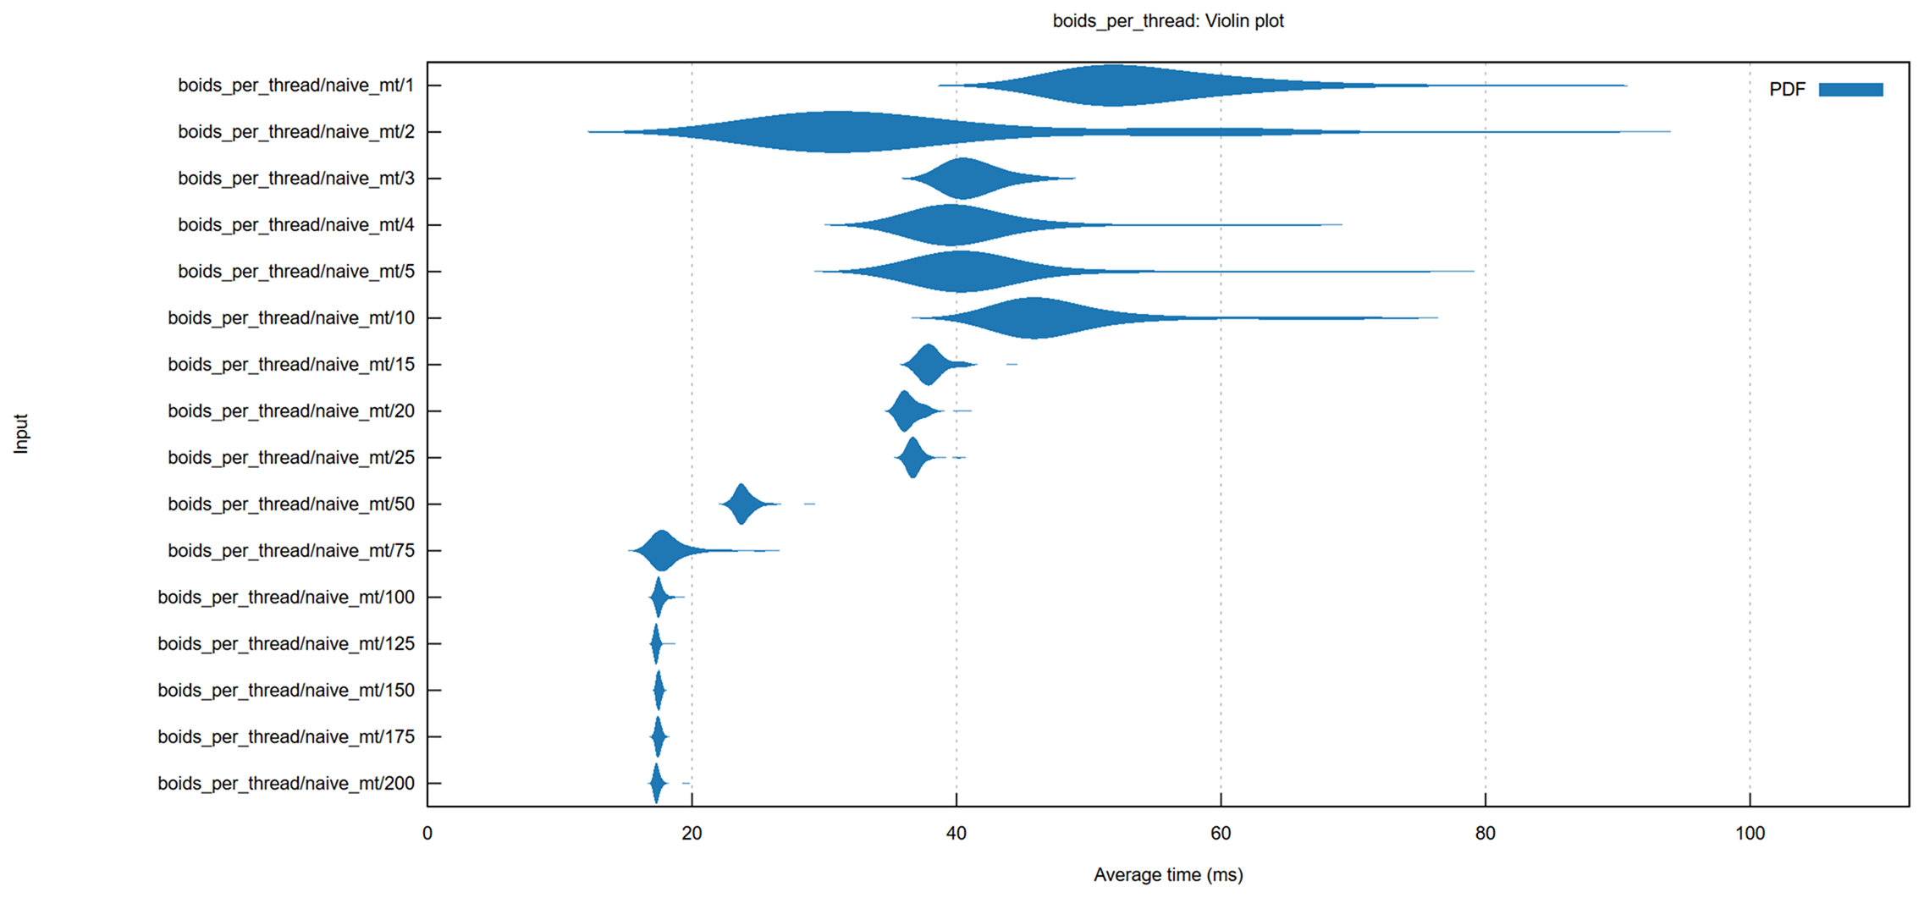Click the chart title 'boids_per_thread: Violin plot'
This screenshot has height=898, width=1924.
pyautogui.click(x=1167, y=21)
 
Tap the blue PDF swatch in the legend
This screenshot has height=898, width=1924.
pyautogui.click(x=1850, y=90)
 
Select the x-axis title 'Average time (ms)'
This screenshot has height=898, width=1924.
pyautogui.click(x=1167, y=874)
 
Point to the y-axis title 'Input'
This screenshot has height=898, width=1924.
pyautogui.click(x=21, y=433)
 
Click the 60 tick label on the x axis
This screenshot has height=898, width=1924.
pyautogui.click(x=1221, y=833)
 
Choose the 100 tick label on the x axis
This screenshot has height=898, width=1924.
pyautogui.click(x=1750, y=833)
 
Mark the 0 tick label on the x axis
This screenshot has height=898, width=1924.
pyautogui.click(x=427, y=833)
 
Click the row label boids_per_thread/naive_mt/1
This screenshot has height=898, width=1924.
pyautogui.click(x=295, y=85)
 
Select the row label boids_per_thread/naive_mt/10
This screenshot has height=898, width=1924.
pyautogui.click(x=290, y=318)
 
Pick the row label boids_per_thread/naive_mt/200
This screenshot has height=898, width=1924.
pyautogui.click(x=285, y=784)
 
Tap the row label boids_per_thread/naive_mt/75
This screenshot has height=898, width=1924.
pyautogui.click(x=290, y=551)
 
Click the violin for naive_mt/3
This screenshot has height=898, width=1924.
pyautogui.click(x=964, y=179)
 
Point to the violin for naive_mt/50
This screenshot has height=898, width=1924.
pyautogui.click(x=741, y=504)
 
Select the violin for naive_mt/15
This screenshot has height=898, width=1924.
pyautogui.click(x=929, y=365)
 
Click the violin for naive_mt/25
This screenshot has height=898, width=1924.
pyautogui.click(x=912, y=458)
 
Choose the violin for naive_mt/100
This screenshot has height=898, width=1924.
pyautogui.click(x=659, y=598)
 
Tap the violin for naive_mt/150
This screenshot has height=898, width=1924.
pyautogui.click(x=659, y=691)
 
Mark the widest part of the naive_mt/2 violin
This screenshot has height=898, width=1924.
pyautogui.click(x=836, y=132)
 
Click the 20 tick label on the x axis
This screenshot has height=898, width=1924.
pyautogui.click(x=692, y=833)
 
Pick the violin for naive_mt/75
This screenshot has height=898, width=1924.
pyautogui.click(x=662, y=551)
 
